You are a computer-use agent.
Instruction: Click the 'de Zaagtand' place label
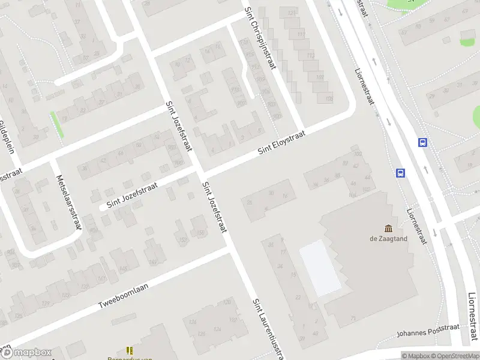[388, 238]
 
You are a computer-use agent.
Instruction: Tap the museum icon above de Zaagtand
[388, 228]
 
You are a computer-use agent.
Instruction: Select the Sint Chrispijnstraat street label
[259, 37]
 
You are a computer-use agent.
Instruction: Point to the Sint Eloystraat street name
[282, 143]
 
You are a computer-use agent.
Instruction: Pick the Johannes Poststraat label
[428, 331]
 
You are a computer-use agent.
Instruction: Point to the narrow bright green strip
[57, 125]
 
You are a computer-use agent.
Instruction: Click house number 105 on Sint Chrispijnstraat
[328, 98]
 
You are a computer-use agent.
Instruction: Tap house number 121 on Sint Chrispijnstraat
[292, 12]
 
